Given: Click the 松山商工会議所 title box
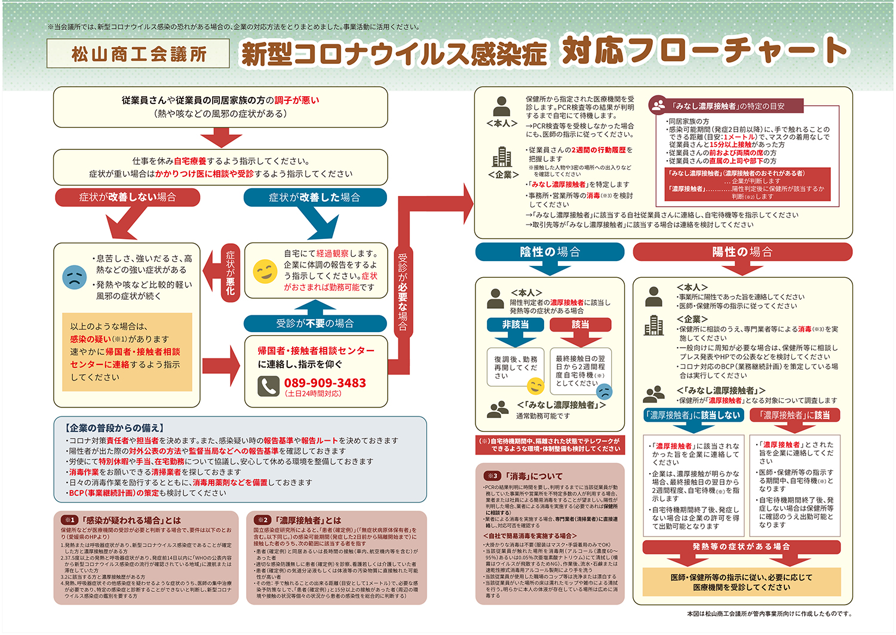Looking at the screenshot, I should (138, 54).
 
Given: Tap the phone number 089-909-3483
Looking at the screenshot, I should (325, 383).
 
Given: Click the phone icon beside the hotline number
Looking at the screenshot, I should (268, 386).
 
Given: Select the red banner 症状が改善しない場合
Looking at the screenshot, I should (127, 197).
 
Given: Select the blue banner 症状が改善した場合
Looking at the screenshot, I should (315, 197).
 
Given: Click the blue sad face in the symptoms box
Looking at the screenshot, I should (75, 277).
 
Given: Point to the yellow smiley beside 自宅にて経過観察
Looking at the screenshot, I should (265, 272).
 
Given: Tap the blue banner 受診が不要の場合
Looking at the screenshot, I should (315, 323).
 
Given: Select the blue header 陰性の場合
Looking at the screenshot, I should (550, 252).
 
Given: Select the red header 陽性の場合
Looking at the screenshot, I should (742, 252).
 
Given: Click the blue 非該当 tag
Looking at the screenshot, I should (515, 324).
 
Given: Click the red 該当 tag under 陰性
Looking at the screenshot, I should (580, 324).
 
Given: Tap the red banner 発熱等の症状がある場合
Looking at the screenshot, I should (741, 547).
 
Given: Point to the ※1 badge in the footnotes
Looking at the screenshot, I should (70, 520).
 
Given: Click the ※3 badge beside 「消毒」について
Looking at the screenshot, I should (492, 476).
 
